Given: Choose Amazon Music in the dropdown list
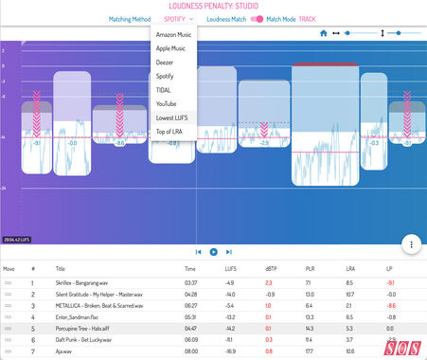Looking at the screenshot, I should (172, 34).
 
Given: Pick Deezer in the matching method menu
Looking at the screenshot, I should (164, 62).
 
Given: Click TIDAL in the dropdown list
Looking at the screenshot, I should (163, 89).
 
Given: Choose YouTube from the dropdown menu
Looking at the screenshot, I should (167, 102).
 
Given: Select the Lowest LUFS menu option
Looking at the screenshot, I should (171, 117).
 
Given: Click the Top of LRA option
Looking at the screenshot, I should (170, 131).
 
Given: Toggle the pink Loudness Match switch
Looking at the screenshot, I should (256, 18).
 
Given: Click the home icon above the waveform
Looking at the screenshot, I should (323, 33).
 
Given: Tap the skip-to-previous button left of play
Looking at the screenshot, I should (199, 252).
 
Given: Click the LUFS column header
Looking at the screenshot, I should (229, 269).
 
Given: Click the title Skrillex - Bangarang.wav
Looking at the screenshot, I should (80, 282).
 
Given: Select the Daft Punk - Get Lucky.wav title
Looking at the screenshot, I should (80, 338).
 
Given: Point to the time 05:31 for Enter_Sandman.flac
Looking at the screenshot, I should (189, 315).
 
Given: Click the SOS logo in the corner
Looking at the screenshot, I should (402, 347).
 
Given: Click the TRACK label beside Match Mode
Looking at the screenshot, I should (308, 18).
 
